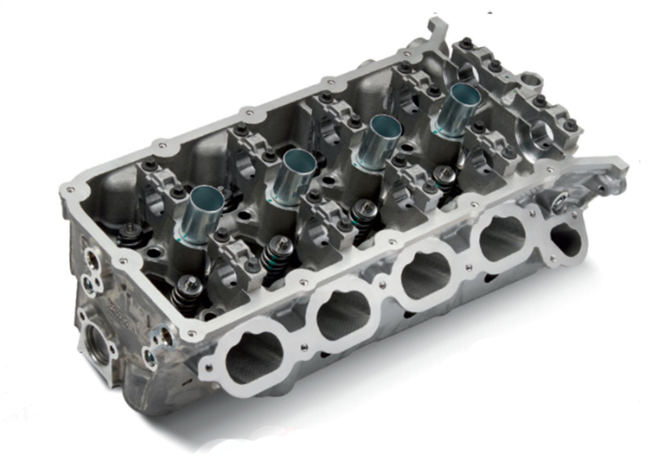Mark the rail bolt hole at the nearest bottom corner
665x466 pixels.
tap(192, 331)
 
